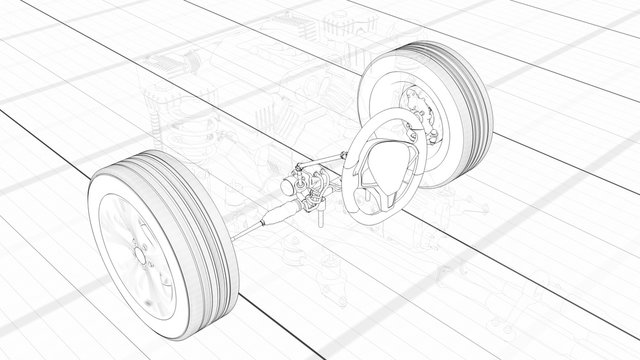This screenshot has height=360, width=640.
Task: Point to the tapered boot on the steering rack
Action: click(273, 214)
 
